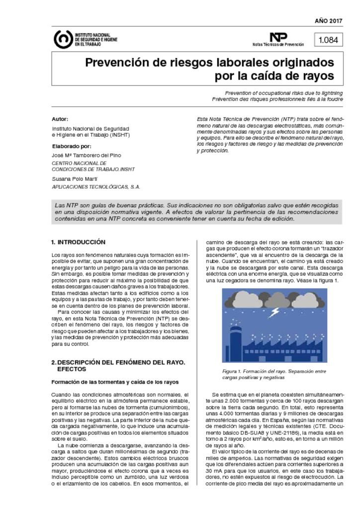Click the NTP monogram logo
[x=278, y=37]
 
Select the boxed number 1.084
[x=328, y=40]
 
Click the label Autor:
[x=60, y=119]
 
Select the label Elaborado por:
[x=72, y=146]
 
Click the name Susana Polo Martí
[x=75, y=178]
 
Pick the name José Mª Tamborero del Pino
[x=86, y=155]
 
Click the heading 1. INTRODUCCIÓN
[x=78, y=242]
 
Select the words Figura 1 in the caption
[x=231, y=371]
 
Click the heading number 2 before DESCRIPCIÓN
[x=53, y=362]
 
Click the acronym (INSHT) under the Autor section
[x=120, y=135]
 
